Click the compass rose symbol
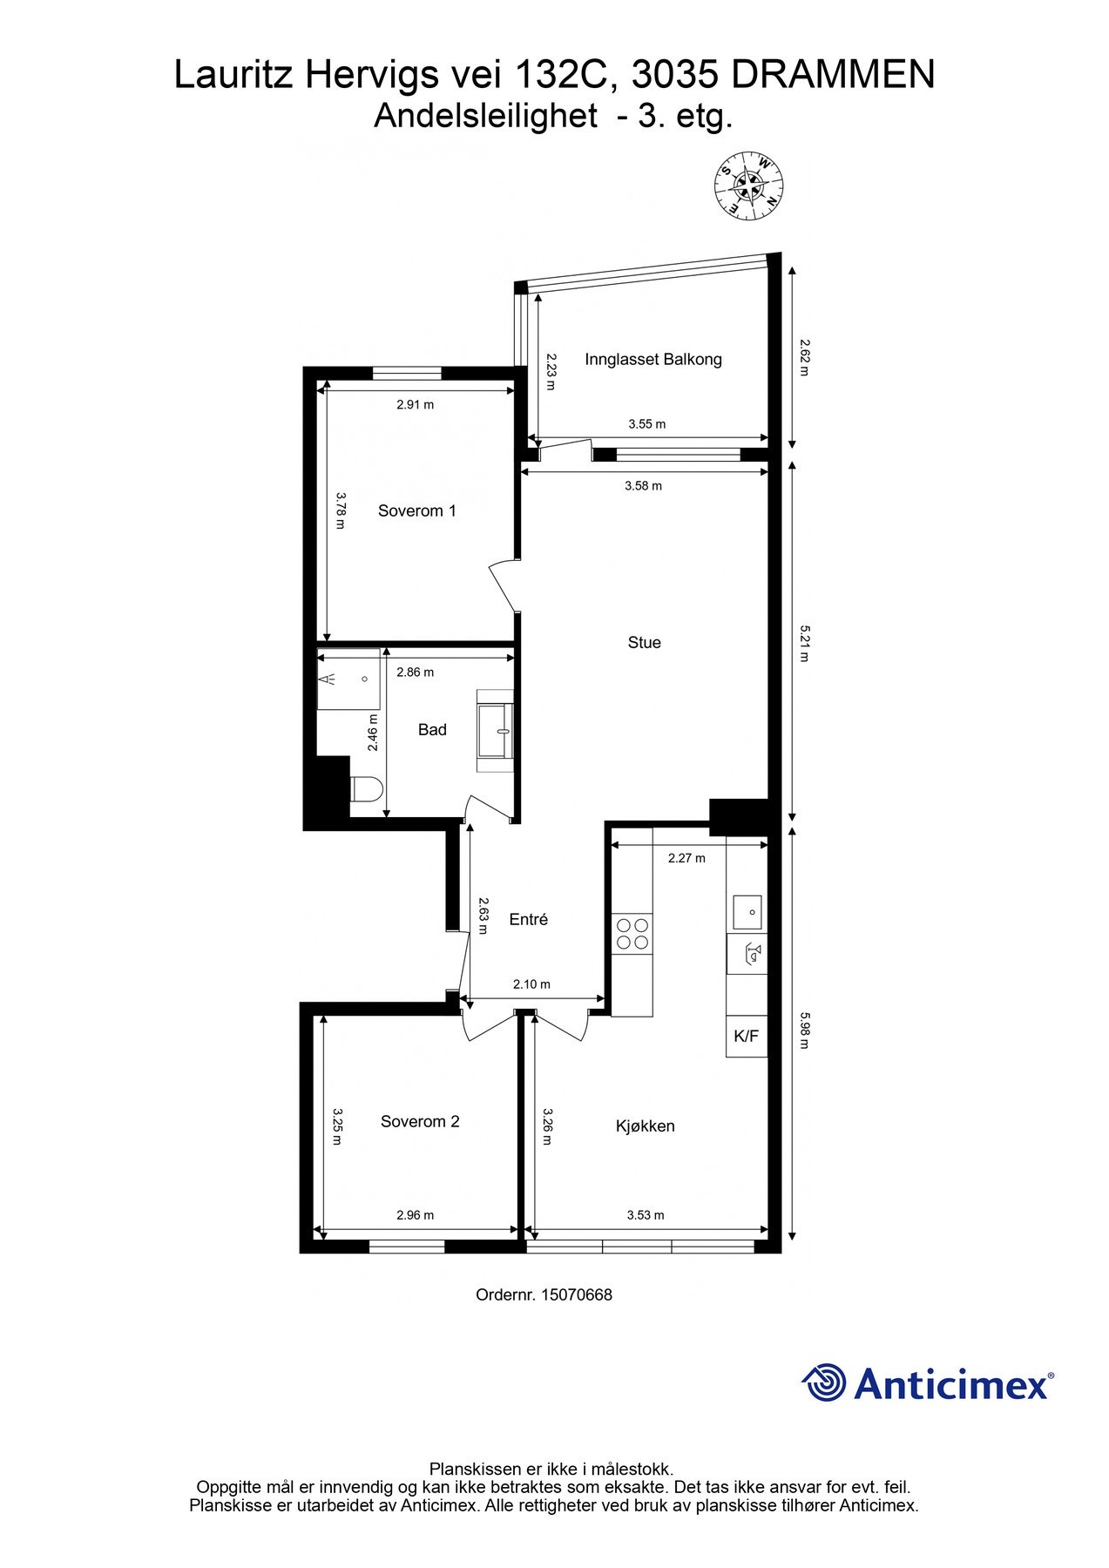click(748, 186)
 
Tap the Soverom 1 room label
click(416, 511)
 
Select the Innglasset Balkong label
click(653, 359)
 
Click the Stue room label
click(644, 643)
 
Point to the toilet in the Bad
click(365, 789)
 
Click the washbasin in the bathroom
click(497, 731)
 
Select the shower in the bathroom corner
click(348, 679)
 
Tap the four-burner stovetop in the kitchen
click(632, 933)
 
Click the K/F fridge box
click(747, 1037)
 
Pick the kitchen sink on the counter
click(747, 912)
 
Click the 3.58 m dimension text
click(643, 486)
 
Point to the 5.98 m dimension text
click(804, 1030)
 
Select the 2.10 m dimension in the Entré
click(531, 984)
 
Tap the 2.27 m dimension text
click(686, 858)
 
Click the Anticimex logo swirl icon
click(823, 1382)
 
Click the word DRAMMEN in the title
click(833, 76)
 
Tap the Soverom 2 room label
click(419, 1122)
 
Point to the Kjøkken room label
click(645, 1126)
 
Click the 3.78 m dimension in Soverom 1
click(341, 511)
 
